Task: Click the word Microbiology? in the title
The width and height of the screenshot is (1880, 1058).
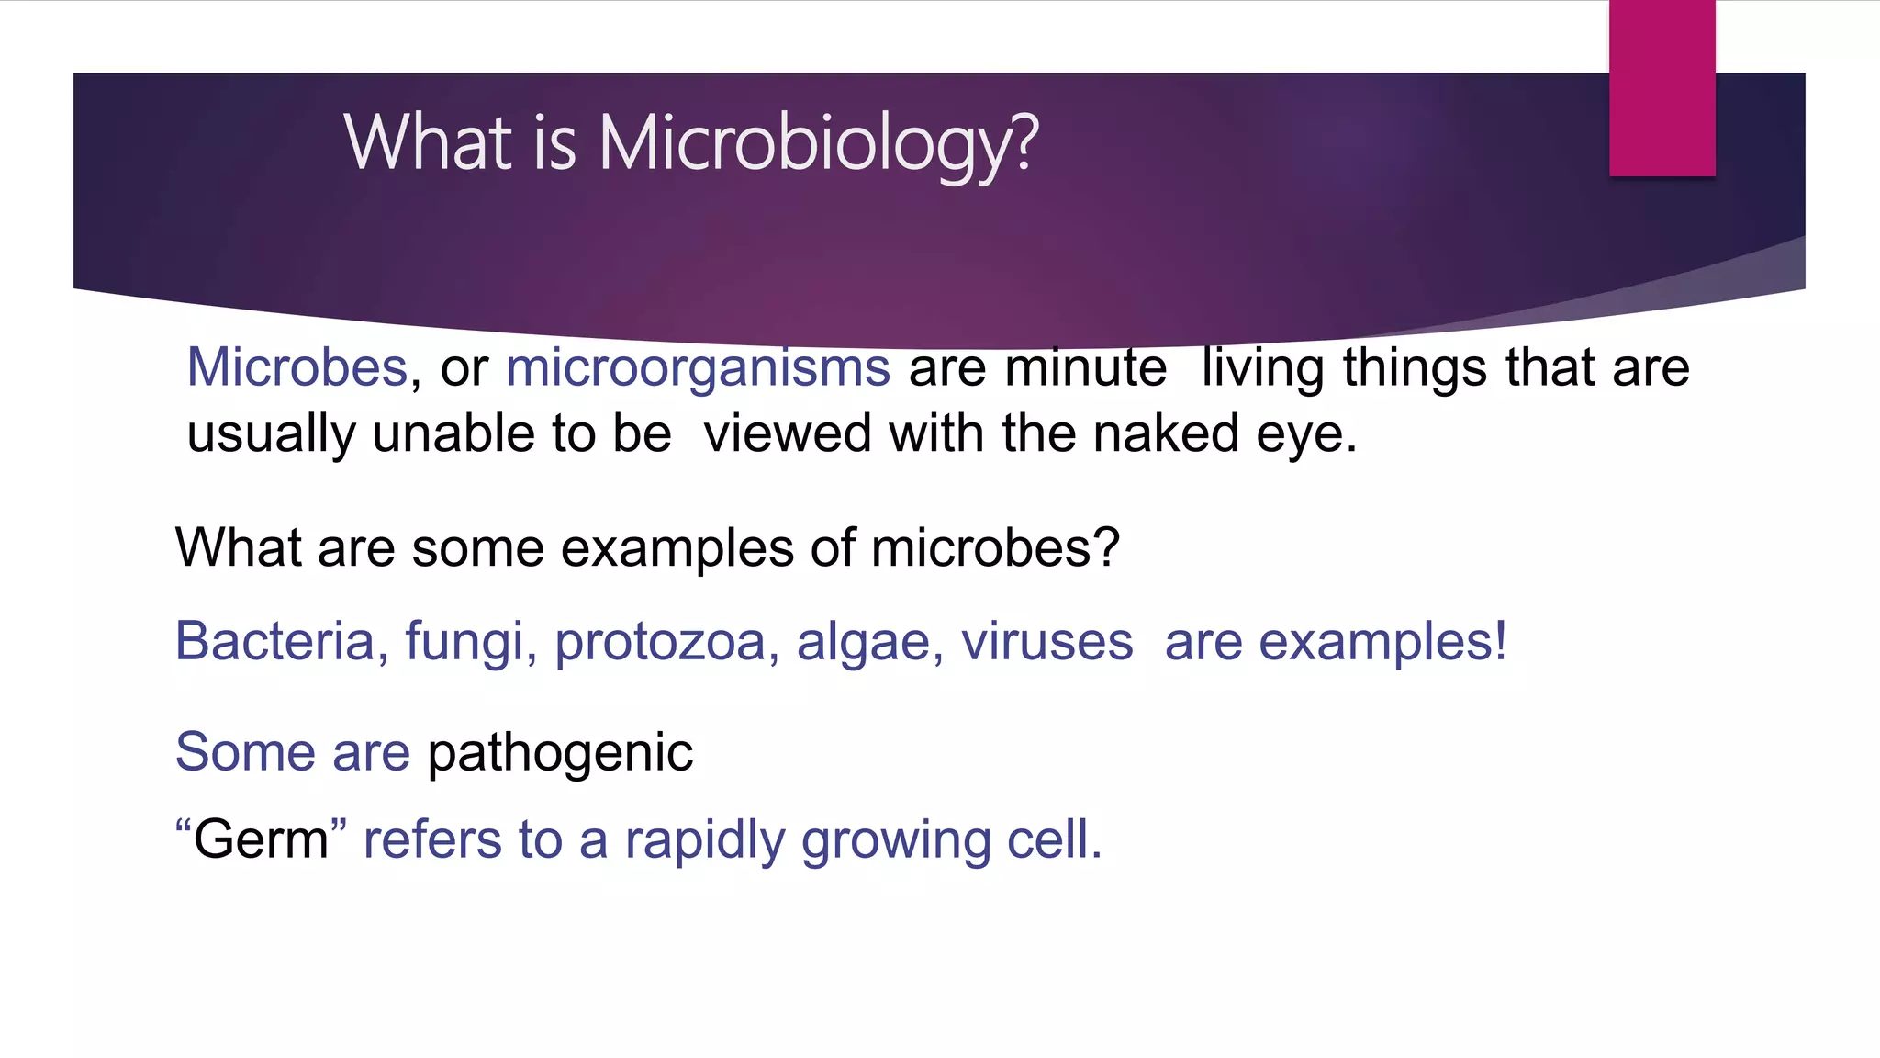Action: (x=819, y=144)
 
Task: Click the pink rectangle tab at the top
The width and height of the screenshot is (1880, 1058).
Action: (x=1662, y=88)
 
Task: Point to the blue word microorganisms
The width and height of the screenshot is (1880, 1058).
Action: (x=698, y=369)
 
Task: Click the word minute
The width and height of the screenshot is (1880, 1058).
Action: (x=1085, y=367)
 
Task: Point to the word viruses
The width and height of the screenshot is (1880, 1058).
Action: (x=1046, y=641)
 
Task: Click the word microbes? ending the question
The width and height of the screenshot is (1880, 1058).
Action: (x=995, y=548)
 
